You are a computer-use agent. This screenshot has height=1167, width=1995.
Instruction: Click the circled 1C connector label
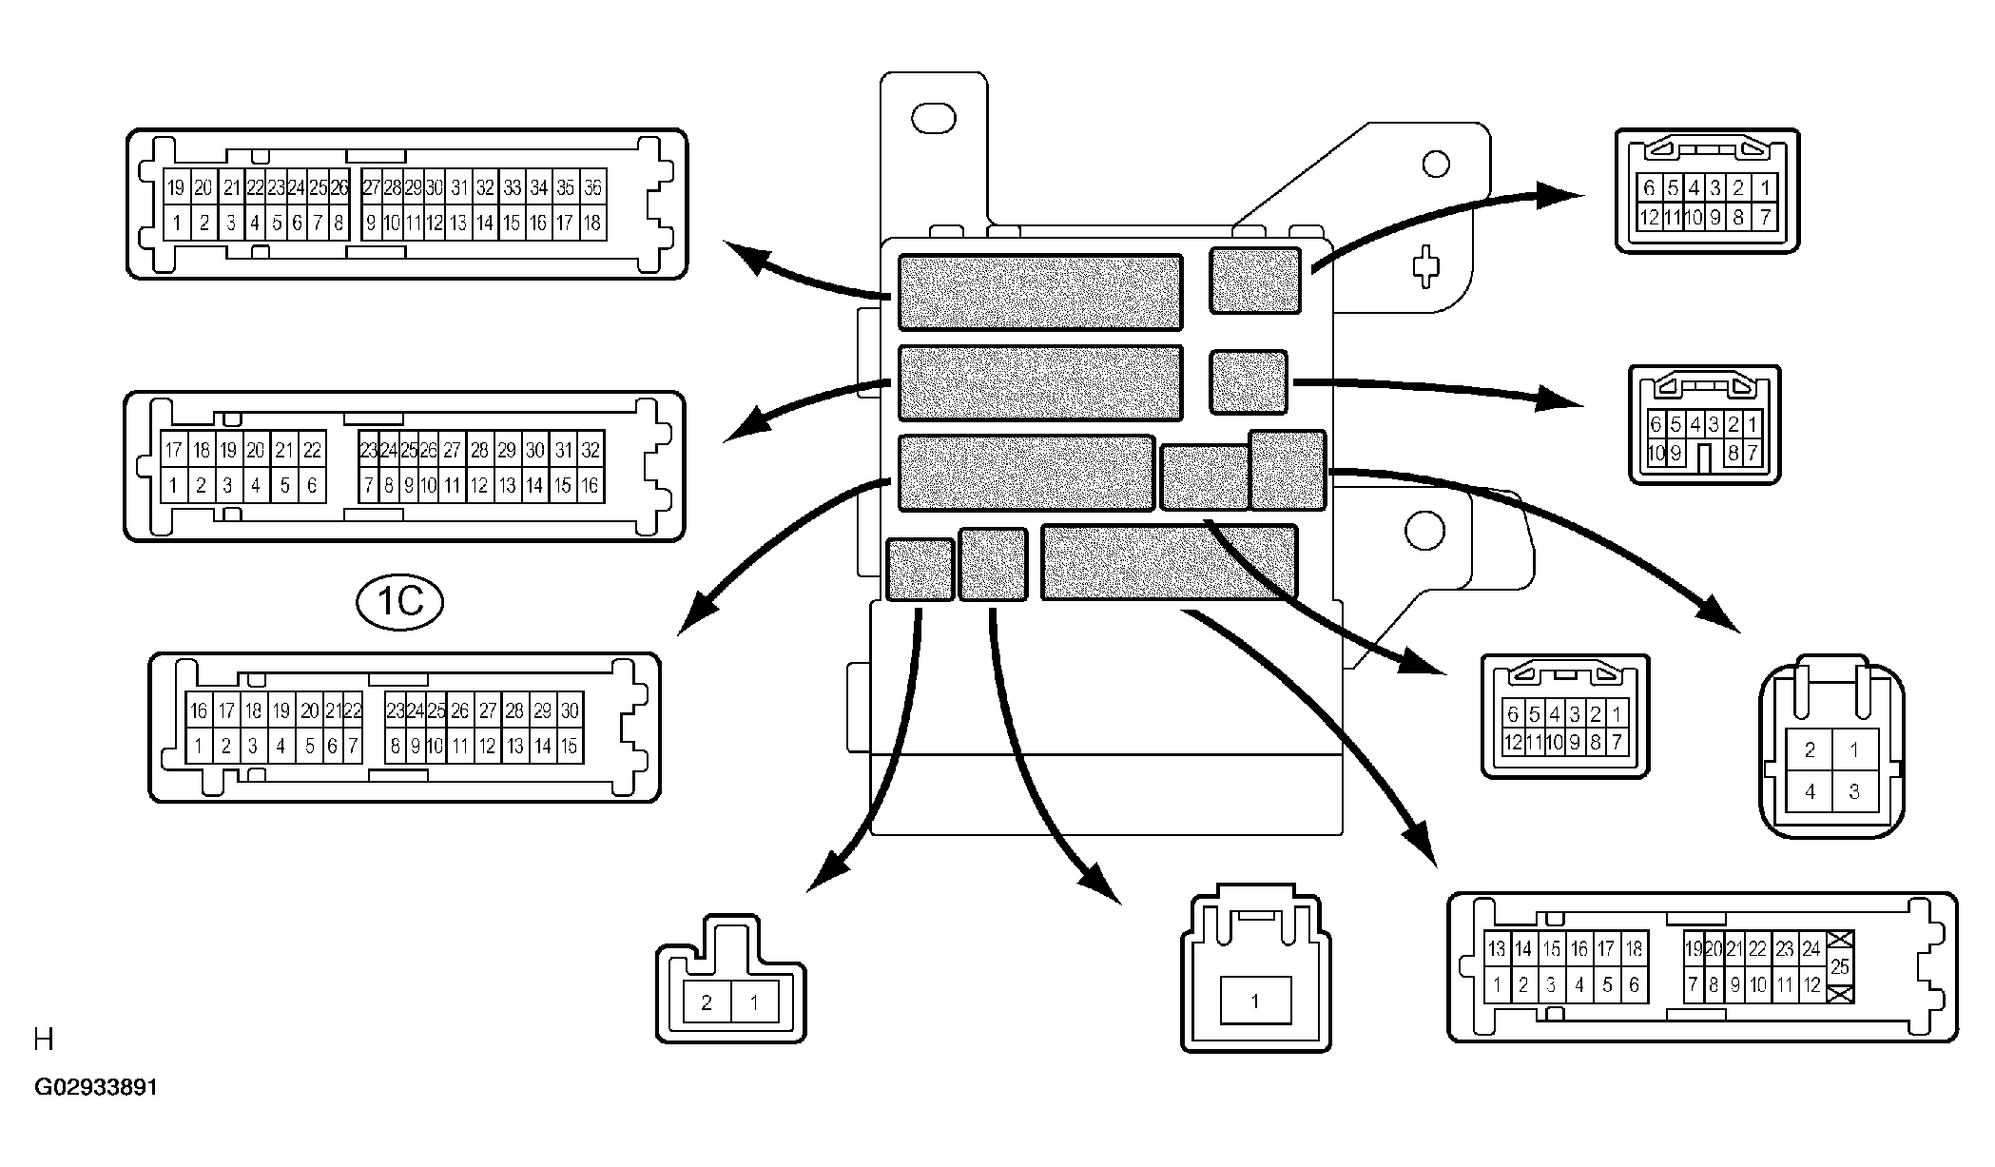pyautogui.click(x=400, y=602)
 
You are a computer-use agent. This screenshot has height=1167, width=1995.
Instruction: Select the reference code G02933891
pyautogui.click(x=96, y=1087)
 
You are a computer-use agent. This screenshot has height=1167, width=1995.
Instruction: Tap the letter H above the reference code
pyautogui.click(x=44, y=1040)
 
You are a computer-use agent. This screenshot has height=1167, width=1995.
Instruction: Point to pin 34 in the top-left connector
pyautogui.click(x=539, y=188)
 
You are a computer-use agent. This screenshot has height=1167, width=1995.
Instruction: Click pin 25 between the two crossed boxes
pyautogui.click(x=1839, y=966)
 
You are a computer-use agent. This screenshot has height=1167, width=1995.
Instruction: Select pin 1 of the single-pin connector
pyautogui.click(x=1254, y=1001)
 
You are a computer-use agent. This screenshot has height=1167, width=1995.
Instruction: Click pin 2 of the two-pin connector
pyautogui.click(x=707, y=1002)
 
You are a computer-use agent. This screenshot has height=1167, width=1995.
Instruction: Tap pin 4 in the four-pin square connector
pyautogui.click(x=1810, y=791)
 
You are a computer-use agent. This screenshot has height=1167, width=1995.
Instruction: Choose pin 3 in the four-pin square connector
pyautogui.click(x=1854, y=791)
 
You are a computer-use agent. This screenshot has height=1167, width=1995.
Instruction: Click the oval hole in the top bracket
pyautogui.click(x=933, y=119)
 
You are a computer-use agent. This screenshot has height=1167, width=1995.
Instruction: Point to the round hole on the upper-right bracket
pyautogui.click(x=1436, y=165)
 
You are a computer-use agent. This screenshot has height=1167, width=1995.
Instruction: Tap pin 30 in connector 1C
pyautogui.click(x=570, y=710)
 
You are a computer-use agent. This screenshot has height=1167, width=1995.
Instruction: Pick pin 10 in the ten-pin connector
pyautogui.click(x=1656, y=454)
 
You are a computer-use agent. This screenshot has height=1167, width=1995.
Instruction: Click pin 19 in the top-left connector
pyautogui.click(x=175, y=188)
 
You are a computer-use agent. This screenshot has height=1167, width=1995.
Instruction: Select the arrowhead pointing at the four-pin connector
pyautogui.click(x=1719, y=613)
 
